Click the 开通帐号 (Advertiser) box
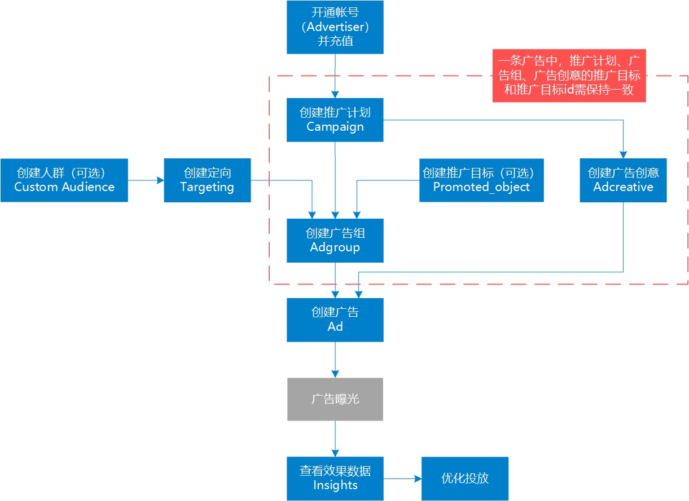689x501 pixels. pyautogui.click(x=335, y=27)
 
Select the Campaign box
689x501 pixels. pyautogui.click(x=335, y=120)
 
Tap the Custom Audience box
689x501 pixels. pyautogui.click(x=64, y=180)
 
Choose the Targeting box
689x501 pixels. pyautogui.click(x=207, y=180)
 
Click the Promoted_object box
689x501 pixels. pyautogui.click(x=481, y=180)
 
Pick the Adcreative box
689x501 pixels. pyautogui.click(x=623, y=180)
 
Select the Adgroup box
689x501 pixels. pyautogui.click(x=335, y=241)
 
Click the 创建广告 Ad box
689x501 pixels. pyautogui.click(x=335, y=320)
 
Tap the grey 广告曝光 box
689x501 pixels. pyautogui.click(x=335, y=399)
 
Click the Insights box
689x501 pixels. pyautogui.click(x=335, y=478)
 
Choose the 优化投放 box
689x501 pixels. pyautogui.click(x=464, y=478)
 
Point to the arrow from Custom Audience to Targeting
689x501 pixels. pyautogui.click(x=146, y=180)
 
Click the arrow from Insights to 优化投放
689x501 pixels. pyautogui.click(x=402, y=478)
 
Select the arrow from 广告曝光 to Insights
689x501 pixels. pyautogui.click(x=335, y=438)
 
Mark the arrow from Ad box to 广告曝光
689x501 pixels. pyautogui.click(x=335, y=360)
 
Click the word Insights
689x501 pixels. pyautogui.click(x=335, y=485)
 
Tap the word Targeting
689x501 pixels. pyautogui.click(x=207, y=187)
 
